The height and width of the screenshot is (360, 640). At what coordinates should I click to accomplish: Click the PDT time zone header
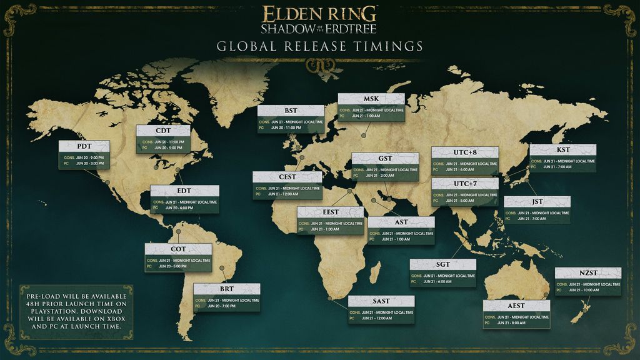click(84, 146)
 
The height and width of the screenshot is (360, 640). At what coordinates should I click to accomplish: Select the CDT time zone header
click(163, 131)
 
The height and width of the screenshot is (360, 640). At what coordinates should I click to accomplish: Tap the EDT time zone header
click(184, 191)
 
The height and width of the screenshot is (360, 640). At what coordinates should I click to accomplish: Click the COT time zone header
click(178, 249)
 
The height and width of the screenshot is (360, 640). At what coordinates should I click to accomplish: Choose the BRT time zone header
click(226, 289)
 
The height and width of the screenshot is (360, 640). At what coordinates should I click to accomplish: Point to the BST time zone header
click(291, 111)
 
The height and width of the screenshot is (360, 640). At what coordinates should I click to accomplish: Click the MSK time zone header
click(371, 99)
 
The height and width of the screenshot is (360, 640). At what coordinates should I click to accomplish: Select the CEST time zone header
click(287, 177)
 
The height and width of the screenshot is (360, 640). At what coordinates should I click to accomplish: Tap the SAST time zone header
click(381, 301)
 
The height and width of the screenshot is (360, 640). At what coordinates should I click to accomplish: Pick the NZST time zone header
click(587, 273)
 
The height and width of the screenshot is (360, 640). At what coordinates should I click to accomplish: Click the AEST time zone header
click(516, 306)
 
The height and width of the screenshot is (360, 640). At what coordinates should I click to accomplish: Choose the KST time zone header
click(562, 150)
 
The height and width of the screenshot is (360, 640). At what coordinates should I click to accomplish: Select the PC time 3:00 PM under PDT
click(87, 163)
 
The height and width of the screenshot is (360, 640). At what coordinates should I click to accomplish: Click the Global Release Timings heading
click(319, 47)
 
